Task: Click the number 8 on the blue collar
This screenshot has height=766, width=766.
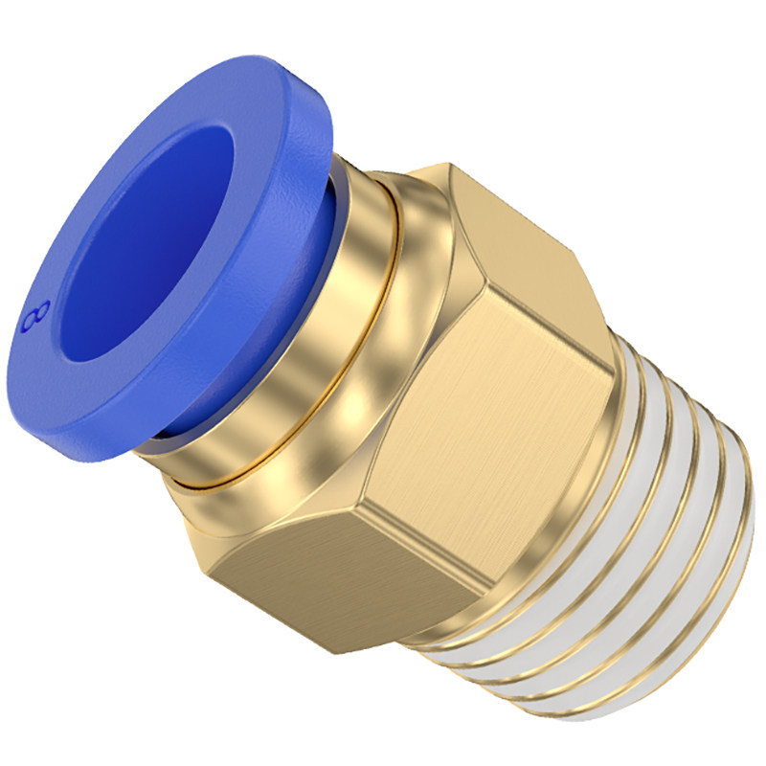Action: coord(36,317)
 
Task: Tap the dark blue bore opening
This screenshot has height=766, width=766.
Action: coord(146,244)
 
